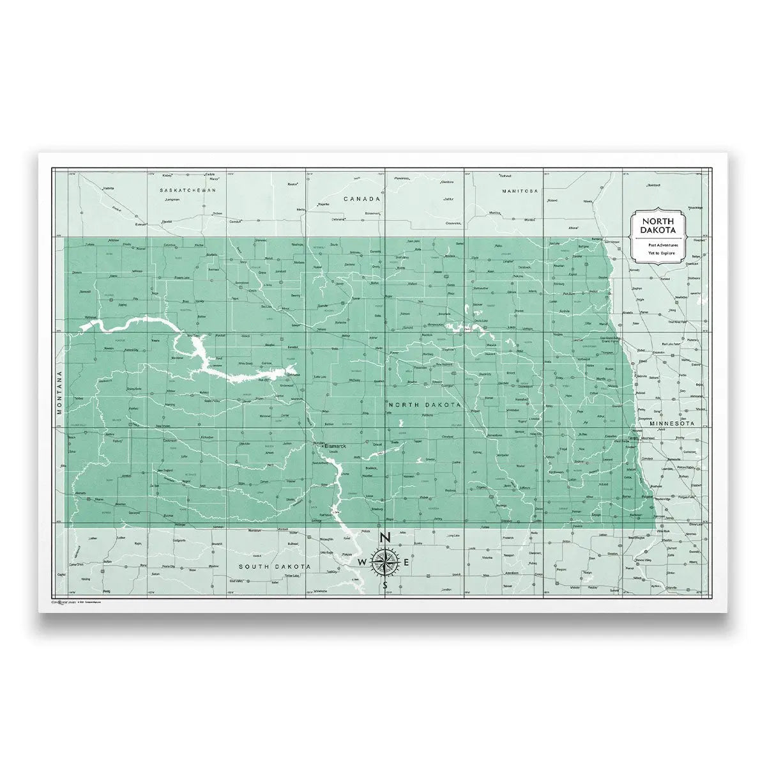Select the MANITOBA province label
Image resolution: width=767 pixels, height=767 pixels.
[x=520, y=191]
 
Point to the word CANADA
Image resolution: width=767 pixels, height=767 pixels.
[x=362, y=199]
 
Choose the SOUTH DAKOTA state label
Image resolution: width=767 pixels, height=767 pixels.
[x=275, y=567]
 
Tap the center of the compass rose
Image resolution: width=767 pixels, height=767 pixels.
[x=385, y=561]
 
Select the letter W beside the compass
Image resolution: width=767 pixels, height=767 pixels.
[x=362, y=562]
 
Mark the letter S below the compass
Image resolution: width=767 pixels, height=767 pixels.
[x=385, y=585]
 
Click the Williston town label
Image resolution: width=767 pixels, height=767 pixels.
[x=94, y=318]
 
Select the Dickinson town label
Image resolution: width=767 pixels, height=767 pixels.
[x=170, y=440]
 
